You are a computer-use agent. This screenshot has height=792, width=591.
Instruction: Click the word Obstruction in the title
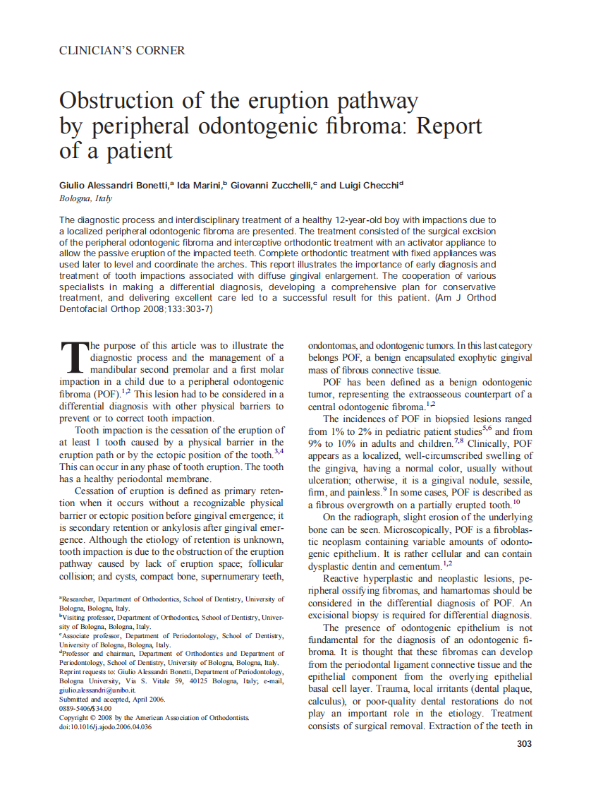pyautogui.click(x=119, y=101)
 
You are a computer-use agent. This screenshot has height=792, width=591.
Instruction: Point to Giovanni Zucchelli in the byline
pyautogui.click(x=272, y=186)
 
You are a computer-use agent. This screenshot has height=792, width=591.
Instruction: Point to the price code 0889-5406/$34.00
pyautogui.click(x=85, y=709)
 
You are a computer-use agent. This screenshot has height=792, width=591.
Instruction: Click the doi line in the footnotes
pyautogui.click(x=106, y=726)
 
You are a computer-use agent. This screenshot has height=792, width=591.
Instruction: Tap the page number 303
pyautogui.click(x=523, y=743)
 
